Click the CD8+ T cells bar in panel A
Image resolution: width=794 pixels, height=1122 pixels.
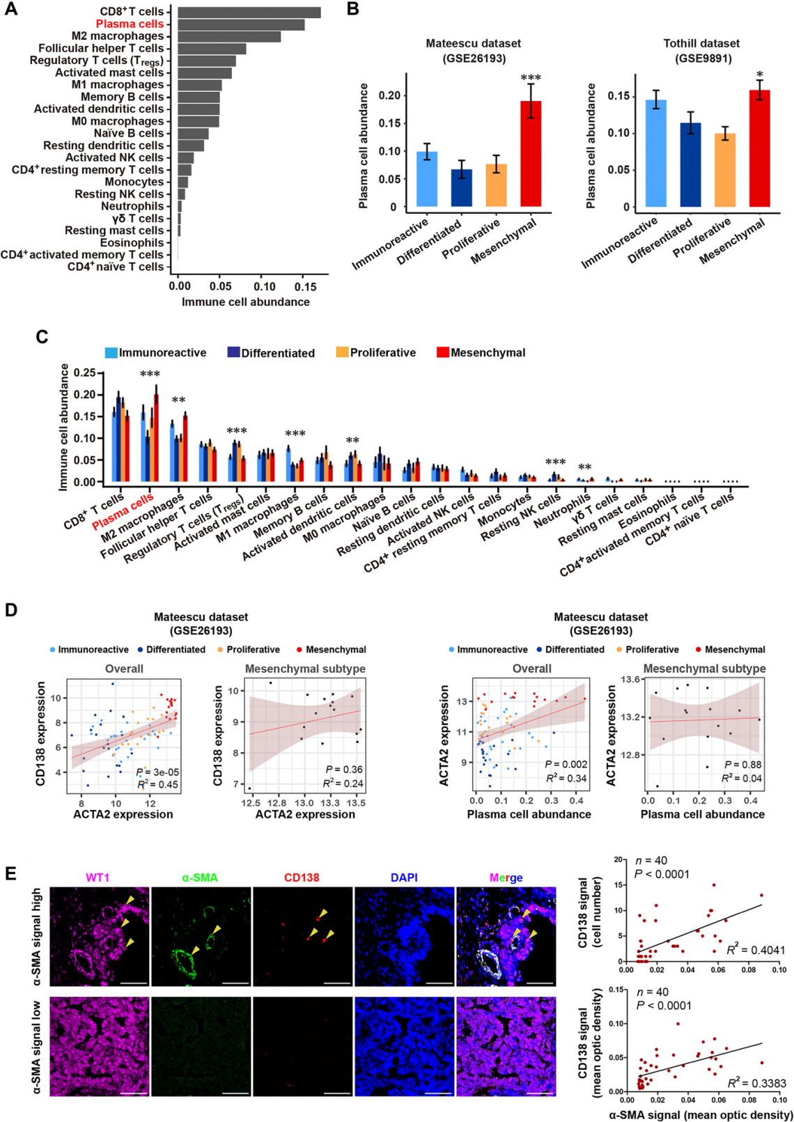point(249,12)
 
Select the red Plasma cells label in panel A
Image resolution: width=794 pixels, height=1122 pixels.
point(130,24)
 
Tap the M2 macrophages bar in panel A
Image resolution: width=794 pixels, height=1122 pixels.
point(229,36)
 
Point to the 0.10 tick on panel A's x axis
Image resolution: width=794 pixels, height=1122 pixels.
point(264,286)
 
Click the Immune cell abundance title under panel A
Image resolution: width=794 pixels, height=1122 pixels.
point(245,302)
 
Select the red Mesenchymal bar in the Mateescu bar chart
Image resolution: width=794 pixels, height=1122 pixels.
point(531,153)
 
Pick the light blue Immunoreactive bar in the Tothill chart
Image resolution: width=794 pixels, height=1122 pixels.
point(656,153)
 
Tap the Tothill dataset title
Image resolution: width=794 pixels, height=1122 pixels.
point(701,43)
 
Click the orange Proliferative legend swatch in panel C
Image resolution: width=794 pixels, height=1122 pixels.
point(342,352)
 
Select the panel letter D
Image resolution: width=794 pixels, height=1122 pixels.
point(11,610)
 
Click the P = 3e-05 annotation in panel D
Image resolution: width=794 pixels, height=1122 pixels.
point(157,772)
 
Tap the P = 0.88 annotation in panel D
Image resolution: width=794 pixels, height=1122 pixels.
point(742,764)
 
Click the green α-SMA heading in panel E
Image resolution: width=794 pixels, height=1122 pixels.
point(200,878)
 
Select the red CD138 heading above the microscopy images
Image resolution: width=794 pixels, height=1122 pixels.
point(302,878)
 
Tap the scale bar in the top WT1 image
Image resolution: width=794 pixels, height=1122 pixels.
point(134,983)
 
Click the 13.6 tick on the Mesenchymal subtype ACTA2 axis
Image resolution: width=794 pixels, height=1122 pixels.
point(630,679)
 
